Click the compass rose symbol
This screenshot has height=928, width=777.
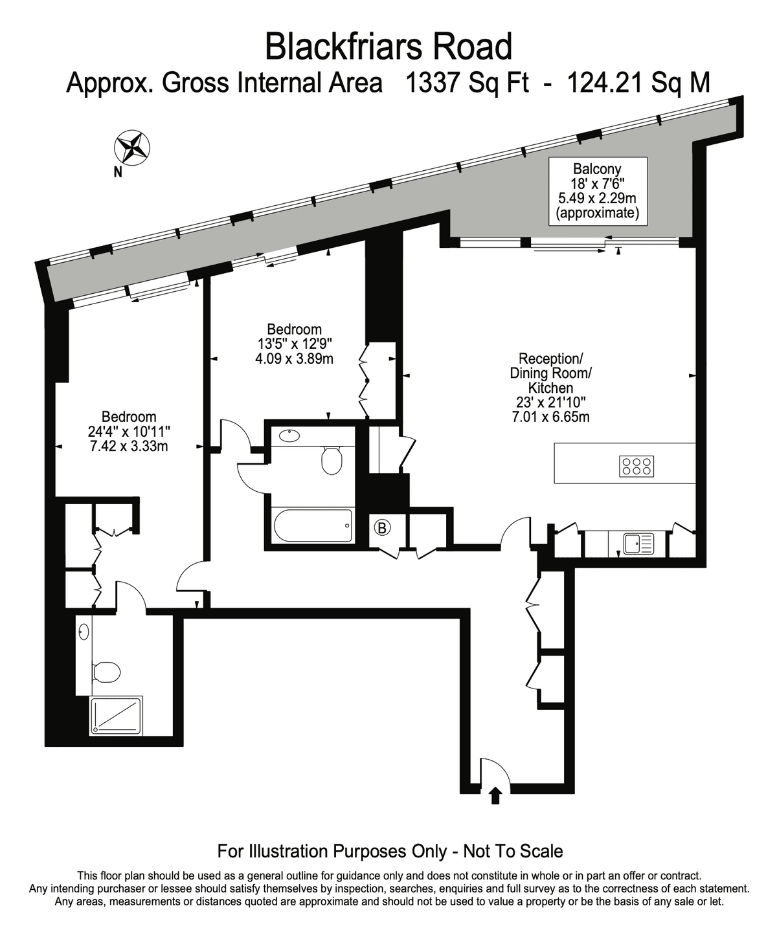(x=132, y=148)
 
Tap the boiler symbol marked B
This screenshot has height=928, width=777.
(x=382, y=528)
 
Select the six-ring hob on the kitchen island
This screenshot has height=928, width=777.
(x=636, y=466)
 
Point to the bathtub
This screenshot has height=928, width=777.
(x=313, y=525)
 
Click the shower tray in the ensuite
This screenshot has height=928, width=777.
(x=116, y=716)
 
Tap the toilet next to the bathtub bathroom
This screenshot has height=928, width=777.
(x=332, y=460)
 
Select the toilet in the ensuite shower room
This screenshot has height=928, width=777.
(x=106, y=672)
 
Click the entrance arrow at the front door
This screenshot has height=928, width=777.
(x=495, y=795)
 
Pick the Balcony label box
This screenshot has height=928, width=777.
(x=598, y=191)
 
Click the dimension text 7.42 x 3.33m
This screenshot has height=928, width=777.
(x=129, y=447)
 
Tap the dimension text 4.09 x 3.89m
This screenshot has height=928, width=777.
(x=295, y=359)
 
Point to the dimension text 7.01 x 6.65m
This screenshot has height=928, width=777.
(x=550, y=417)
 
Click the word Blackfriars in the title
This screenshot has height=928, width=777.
(x=343, y=47)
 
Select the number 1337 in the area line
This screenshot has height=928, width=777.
(x=434, y=83)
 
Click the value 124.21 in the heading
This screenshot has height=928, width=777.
(x=606, y=83)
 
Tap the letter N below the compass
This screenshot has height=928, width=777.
(x=118, y=172)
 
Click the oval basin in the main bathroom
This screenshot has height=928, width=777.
(x=289, y=436)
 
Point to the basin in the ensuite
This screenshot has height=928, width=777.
(x=84, y=632)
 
